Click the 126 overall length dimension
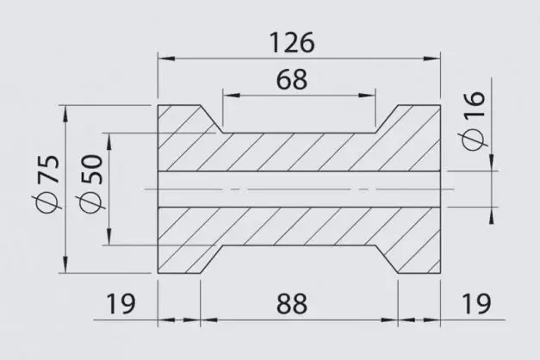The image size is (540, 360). (291, 43)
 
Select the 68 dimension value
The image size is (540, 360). (291, 79)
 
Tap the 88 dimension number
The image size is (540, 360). (291, 304)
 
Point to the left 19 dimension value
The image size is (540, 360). (121, 304)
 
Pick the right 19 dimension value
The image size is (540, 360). (476, 304)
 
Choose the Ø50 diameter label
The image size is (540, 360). (91, 183)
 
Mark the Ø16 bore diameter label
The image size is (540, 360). (473, 121)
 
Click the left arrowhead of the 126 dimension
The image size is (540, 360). (167, 59)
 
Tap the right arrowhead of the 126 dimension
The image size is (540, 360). (431, 59)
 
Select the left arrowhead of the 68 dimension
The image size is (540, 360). (232, 95)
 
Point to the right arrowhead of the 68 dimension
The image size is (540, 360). (367, 95)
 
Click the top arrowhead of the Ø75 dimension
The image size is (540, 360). (65, 114)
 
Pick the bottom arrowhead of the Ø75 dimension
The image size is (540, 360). (65, 264)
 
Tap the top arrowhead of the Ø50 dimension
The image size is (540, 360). (109, 141)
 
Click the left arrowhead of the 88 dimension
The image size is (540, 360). (208, 320)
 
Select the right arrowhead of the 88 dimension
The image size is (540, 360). (389, 320)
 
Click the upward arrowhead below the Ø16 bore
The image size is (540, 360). (492, 215)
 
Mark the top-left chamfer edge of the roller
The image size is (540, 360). (212, 119)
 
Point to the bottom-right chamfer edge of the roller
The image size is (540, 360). (387, 259)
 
